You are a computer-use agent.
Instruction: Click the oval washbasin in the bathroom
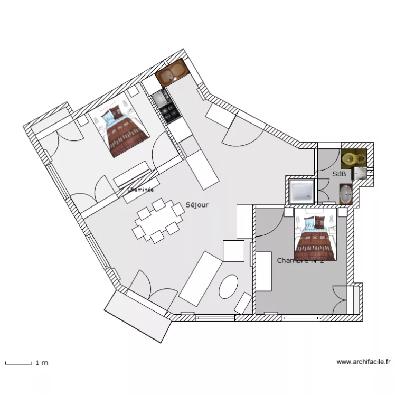pos(346,194)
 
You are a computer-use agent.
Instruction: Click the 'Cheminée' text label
pos(140,189)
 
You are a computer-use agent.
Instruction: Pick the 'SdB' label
pos(339,174)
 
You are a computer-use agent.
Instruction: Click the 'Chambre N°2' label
pos(300,260)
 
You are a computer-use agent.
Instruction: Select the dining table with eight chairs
pos(157,221)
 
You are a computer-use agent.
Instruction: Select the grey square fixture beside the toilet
pos(360,173)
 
